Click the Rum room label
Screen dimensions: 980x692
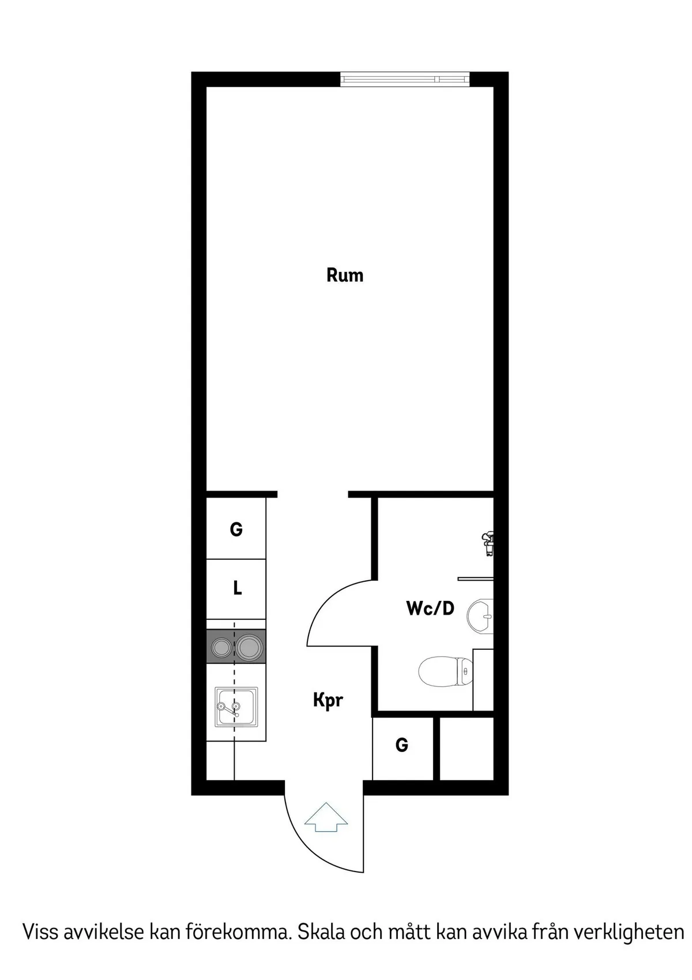coord(345,275)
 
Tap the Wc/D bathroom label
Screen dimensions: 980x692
coord(430,608)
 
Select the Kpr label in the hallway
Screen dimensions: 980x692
coord(328,700)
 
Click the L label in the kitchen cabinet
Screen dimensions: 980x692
coord(237,588)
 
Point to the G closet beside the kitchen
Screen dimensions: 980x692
coord(236,529)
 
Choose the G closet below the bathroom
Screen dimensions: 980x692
coord(402,745)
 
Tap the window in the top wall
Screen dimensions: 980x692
coord(405,79)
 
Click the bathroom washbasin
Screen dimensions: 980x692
coord(480,616)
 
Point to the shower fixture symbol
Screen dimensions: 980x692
coord(487,543)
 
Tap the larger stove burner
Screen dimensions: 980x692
coord(249,648)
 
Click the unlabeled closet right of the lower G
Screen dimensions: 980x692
coord(467,749)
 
